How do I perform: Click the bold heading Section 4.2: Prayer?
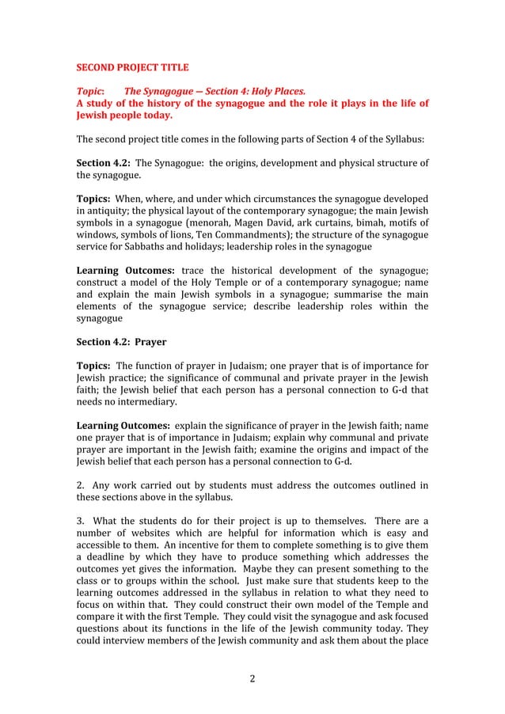coord(121,342)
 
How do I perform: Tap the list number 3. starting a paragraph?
coord(80,521)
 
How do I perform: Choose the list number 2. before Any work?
coord(80,485)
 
